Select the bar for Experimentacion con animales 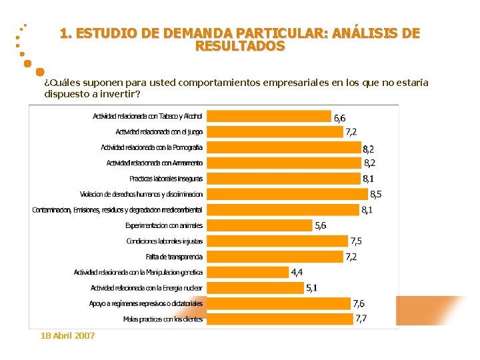tap(259, 225)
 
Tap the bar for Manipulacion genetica tap(247, 272)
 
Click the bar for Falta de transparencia tap(273, 257)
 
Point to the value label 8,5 tap(376, 195)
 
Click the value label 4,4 tap(297, 272)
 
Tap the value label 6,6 tap(339, 118)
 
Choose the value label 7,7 tap(361, 319)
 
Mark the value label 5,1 tap(311, 288)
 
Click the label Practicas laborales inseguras tap(166, 179)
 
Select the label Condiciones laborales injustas tap(165, 241)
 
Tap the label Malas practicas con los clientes tap(163, 319)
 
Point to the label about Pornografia tap(152, 147)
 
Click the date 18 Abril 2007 tap(67, 335)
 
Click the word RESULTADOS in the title tap(240, 47)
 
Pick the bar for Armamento tap(283, 163)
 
